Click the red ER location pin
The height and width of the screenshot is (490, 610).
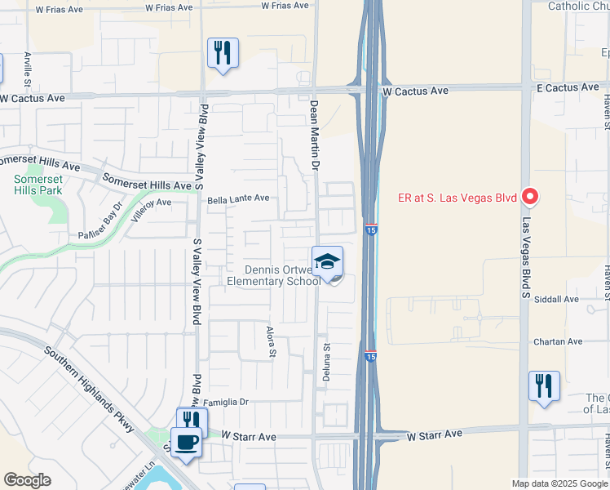pyautogui.click(x=530, y=196)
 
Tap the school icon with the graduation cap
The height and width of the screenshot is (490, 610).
pyautogui.click(x=327, y=261)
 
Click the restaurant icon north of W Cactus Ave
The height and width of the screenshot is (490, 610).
pyautogui.click(x=223, y=53)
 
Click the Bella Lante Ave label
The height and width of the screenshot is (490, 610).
pyautogui.click(x=238, y=198)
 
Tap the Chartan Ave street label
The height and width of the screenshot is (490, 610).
pyautogui.click(x=558, y=341)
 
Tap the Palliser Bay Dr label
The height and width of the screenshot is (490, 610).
pyautogui.click(x=99, y=221)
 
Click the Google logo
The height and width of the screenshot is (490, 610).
pyautogui.click(x=27, y=480)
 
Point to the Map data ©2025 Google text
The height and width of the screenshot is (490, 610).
pyautogui.click(x=559, y=483)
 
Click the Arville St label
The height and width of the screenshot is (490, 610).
pyautogui.click(x=28, y=70)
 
